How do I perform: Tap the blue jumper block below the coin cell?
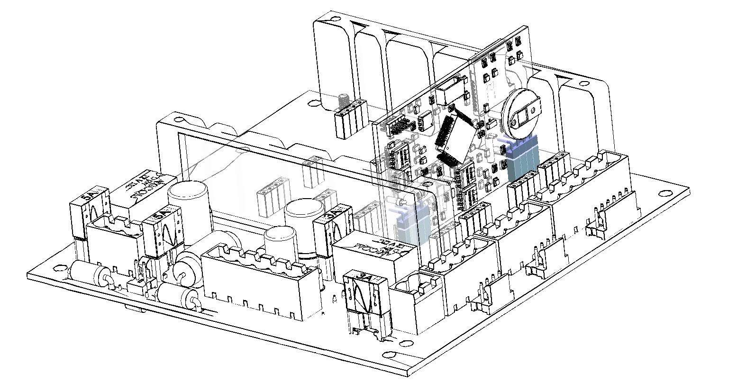point(523,159)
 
